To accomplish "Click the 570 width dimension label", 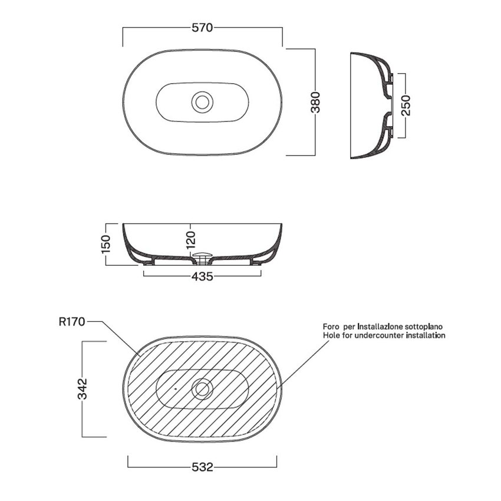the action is pos(202,28).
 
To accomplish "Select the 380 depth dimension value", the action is pos(315,102).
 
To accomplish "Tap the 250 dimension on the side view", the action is pos(406,106).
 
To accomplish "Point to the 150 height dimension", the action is pos(106,244).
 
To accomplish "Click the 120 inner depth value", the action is pos(190,240).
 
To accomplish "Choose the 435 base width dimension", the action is pos(202,276).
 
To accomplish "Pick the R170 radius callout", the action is pos(72,321).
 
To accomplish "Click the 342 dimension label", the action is pos(83,389).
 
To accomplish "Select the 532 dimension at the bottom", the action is pos(202,467).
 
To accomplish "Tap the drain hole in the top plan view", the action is pos(202,102).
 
